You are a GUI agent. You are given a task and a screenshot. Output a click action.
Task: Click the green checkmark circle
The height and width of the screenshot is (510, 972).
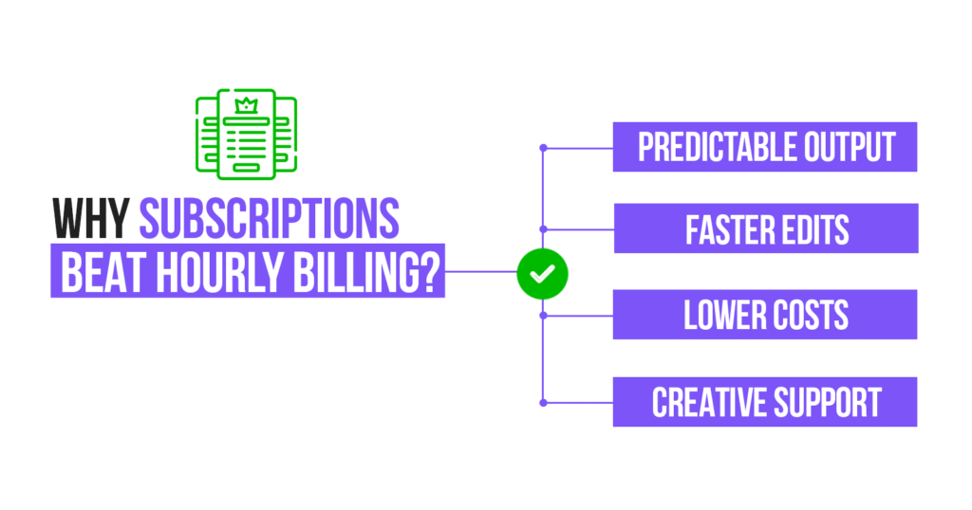pos(542,273)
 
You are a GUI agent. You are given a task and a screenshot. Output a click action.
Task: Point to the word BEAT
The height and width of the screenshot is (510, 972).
pos(100,272)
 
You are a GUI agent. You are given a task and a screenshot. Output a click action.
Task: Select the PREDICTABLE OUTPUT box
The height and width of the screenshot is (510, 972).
pos(765,147)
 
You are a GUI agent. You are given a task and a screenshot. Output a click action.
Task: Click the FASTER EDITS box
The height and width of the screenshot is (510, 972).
pos(765,229)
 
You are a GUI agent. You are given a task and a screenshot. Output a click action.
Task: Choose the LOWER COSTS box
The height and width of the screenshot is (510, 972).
pos(765,315)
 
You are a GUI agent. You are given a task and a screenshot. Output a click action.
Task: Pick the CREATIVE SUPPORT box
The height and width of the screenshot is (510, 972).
pos(765,402)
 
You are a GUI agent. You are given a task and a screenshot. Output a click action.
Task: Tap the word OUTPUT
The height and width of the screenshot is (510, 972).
pos(849,147)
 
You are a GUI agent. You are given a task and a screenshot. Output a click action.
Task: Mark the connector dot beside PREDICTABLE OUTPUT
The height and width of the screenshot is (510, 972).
pos(543,148)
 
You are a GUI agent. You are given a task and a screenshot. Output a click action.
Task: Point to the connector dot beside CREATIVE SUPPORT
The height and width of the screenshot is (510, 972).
pos(543,403)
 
